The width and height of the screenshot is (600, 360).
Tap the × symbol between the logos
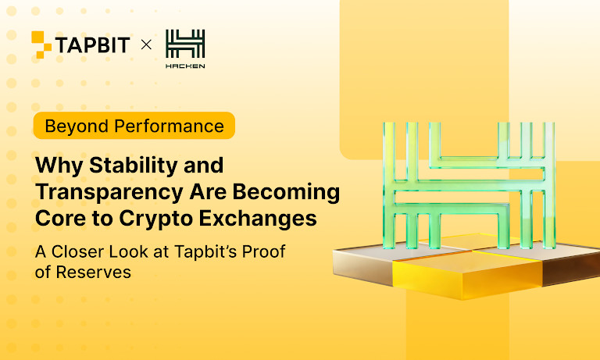point(145,45)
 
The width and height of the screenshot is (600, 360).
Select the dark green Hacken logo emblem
point(185,43)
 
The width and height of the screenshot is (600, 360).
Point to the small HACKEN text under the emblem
point(185,66)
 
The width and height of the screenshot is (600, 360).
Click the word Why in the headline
point(57,166)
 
